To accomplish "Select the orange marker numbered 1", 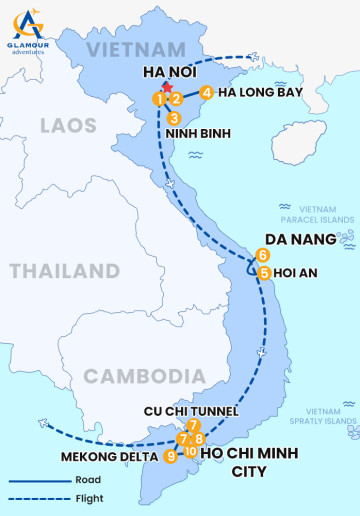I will click(159, 98).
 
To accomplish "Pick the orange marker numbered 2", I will click(175, 98).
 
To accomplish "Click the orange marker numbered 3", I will click(174, 118).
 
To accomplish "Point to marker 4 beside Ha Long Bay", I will click(206, 93).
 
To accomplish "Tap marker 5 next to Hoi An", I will click(264, 272).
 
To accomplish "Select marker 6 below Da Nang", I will click(262, 255).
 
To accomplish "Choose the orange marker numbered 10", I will click(190, 451).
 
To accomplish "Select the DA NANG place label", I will click(290, 240).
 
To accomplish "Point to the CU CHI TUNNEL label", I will click(191, 411).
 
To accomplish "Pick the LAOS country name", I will click(68, 125).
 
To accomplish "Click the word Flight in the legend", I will click(89, 498).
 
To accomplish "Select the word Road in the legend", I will click(87, 481).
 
